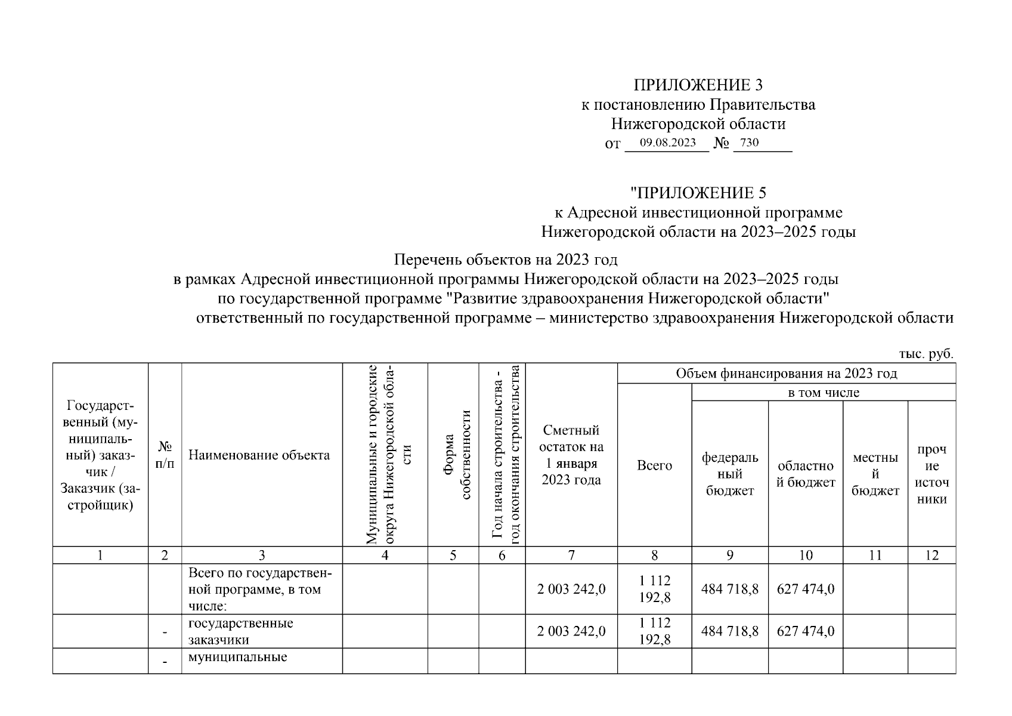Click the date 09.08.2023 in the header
pyautogui.click(x=667, y=143)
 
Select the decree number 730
pyautogui.click(x=750, y=143)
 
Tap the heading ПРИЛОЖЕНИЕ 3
pyautogui.click(x=698, y=85)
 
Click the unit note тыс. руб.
pyautogui.click(x=926, y=354)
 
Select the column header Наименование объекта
pyautogui.click(x=259, y=455)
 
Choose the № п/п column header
pyautogui.click(x=165, y=455)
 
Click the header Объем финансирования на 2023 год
pyautogui.click(x=786, y=374)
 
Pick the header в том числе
pyautogui.click(x=823, y=393)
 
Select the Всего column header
pyautogui.click(x=654, y=466)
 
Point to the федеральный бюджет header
pyautogui.click(x=730, y=474)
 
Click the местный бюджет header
pyautogui.click(x=875, y=474)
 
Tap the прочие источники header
pyautogui.click(x=931, y=474)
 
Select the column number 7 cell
pyautogui.click(x=571, y=555)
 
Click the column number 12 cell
pyautogui.click(x=931, y=555)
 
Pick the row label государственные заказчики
pyautogui.click(x=240, y=631)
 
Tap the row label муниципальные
pyautogui.click(x=237, y=658)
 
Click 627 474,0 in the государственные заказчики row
pyautogui.click(x=805, y=631)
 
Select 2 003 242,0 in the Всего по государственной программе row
pyautogui.click(x=571, y=590)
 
